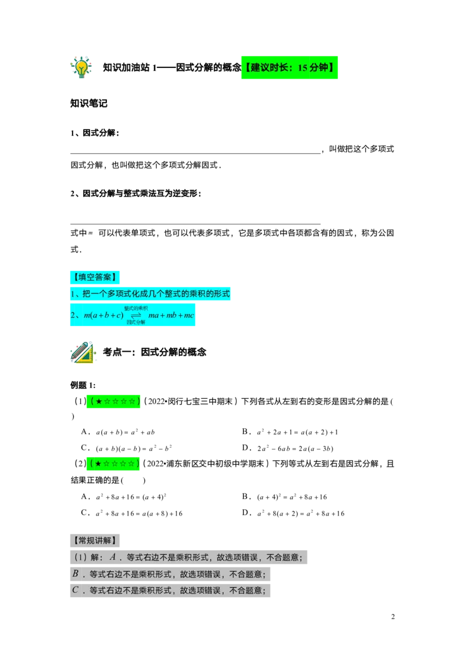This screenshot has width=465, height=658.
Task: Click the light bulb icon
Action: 81,67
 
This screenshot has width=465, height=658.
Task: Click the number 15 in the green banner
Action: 302,68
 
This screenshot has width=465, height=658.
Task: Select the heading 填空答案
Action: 95,277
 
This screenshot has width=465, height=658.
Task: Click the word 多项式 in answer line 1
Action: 120,294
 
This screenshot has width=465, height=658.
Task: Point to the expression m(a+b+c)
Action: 103,316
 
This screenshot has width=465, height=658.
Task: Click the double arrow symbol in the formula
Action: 135,315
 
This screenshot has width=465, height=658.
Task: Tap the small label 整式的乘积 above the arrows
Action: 135,308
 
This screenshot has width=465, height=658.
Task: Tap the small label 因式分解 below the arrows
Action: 135,322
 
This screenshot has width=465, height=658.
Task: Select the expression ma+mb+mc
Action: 171,316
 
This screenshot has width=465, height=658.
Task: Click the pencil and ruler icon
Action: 83,353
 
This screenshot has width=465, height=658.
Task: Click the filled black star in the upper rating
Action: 99,401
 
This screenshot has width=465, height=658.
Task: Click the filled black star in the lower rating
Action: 99,464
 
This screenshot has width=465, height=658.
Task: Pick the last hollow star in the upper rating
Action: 132,401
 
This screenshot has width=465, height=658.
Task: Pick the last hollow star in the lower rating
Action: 131,464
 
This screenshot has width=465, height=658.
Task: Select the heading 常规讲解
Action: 95,541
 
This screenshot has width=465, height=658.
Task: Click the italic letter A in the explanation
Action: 113,557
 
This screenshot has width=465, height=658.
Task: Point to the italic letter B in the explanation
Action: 76,574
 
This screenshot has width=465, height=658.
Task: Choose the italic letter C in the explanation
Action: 76,590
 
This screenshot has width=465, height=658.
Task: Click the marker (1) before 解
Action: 80,557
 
